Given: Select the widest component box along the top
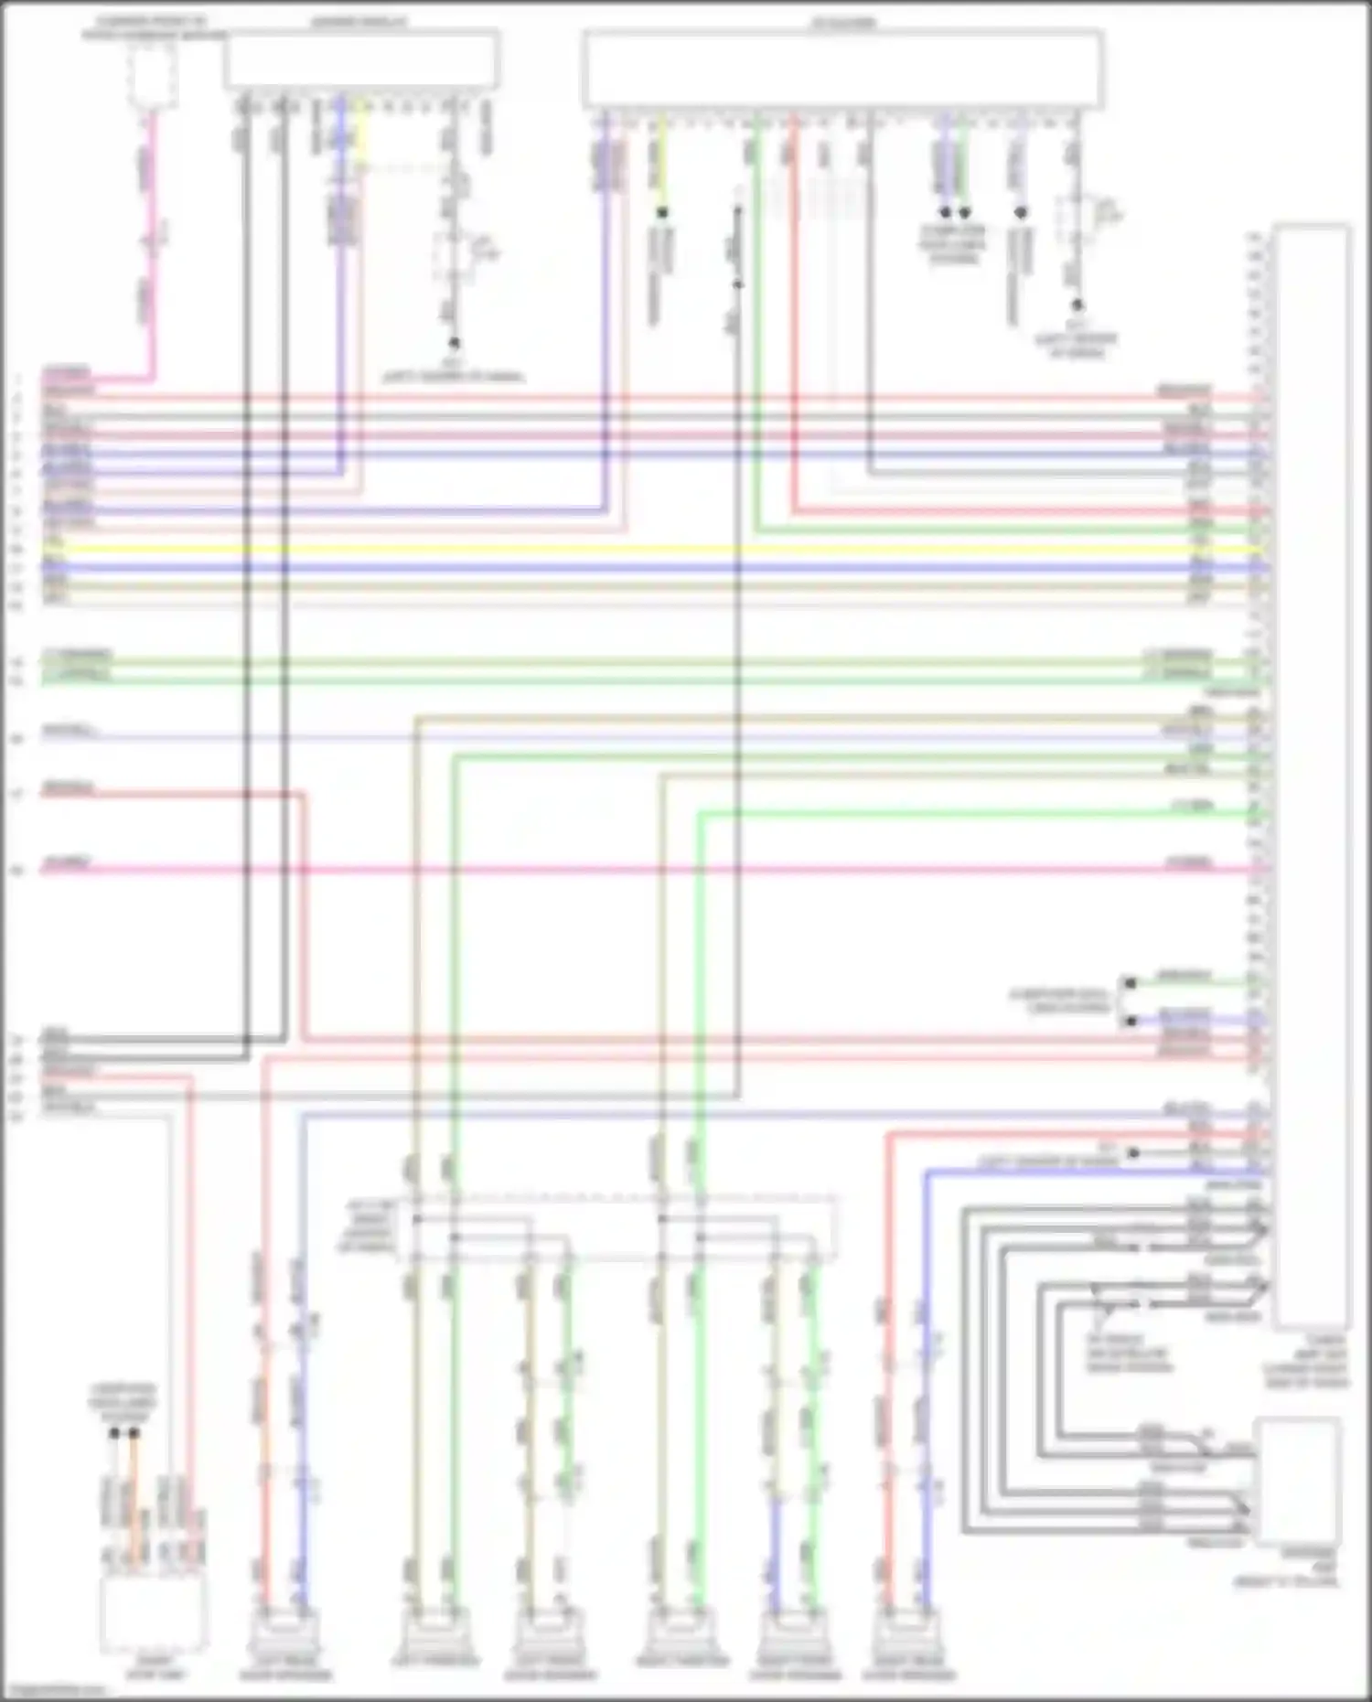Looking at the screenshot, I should tap(842, 70).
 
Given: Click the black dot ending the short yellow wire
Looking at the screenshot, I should tap(662, 212).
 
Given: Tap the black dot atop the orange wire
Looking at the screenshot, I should tap(134, 1433).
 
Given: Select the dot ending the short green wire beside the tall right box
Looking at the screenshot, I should tap(1131, 983).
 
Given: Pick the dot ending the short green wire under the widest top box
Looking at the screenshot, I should tap(964, 212).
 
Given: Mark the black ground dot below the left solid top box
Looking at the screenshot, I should tap(453, 343).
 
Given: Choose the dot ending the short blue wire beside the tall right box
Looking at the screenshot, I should tap(1131, 1020).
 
